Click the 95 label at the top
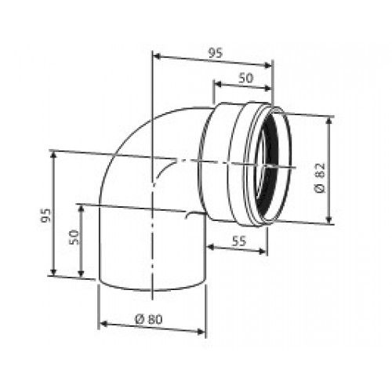(216, 53)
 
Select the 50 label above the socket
(246, 78)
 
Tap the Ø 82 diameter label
(320, 178)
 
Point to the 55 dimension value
(239, 241)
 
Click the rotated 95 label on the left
(45, 215)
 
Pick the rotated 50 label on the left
(74, 237)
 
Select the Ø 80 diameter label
(149, 319)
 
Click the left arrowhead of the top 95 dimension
(157, 56)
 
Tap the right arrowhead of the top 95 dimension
(268, 65)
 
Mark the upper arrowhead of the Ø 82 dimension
(330, 121)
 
